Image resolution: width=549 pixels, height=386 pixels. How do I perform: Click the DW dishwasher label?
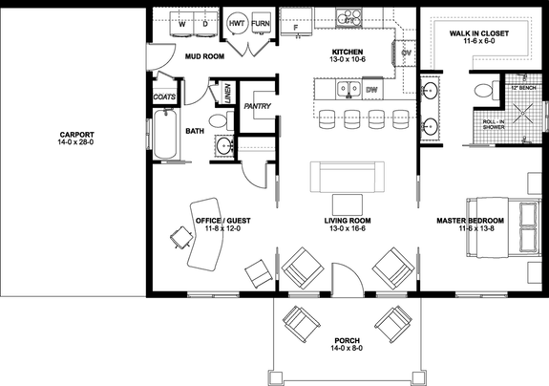coord(370,91)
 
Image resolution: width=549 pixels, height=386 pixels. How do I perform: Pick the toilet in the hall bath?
coord(219,119)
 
